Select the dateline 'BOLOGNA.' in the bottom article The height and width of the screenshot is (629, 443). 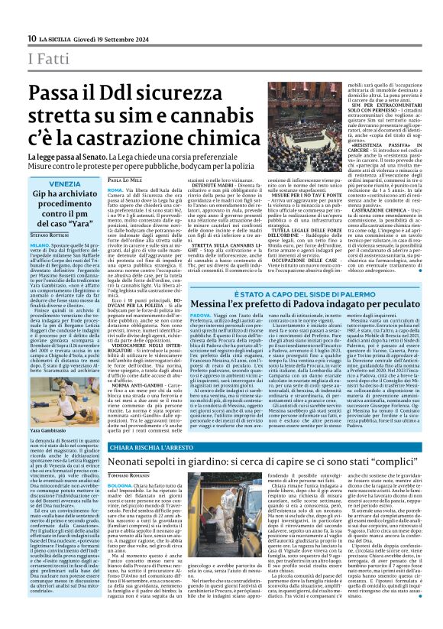tap(121, 506)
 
